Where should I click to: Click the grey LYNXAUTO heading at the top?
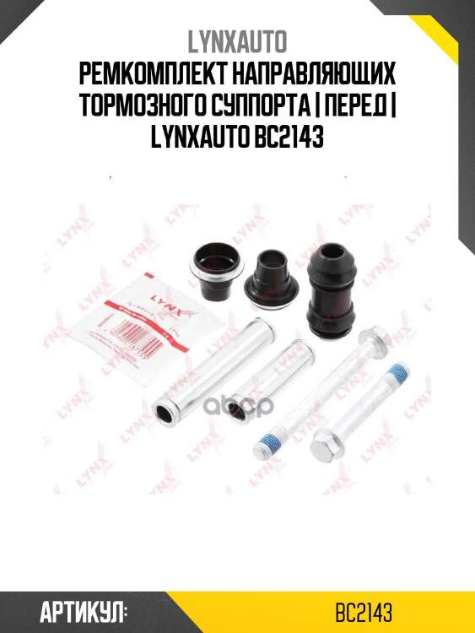237,41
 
